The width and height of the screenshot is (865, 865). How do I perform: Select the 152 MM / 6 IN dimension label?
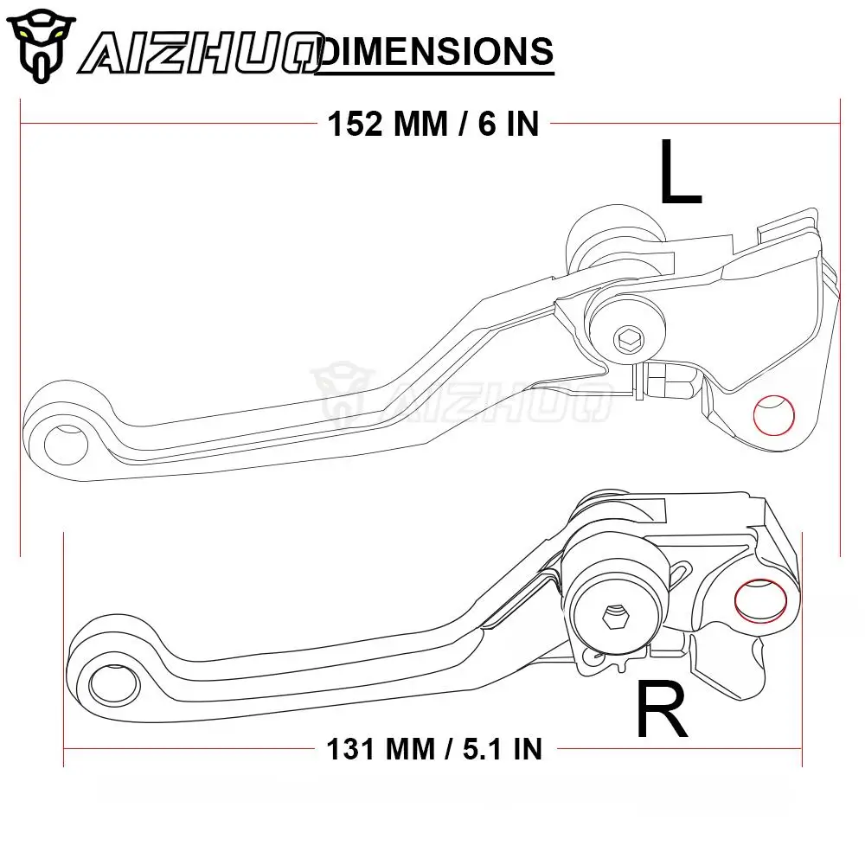[x=432, y=124]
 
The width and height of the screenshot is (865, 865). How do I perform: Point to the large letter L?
[x=679, y=174]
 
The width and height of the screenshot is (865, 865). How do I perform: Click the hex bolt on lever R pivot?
[x=614, y=617]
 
